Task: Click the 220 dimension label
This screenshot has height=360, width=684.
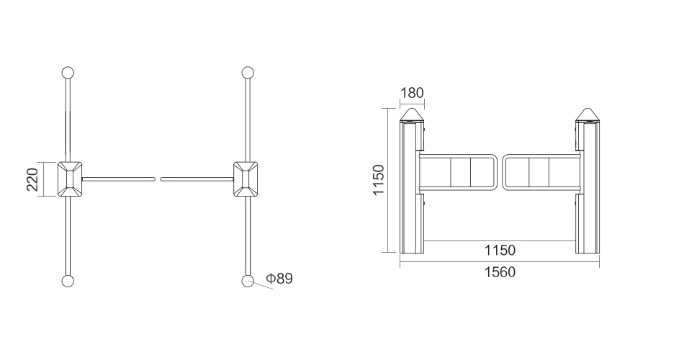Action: (x=32, y=179)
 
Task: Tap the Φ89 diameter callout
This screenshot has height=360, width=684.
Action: (x=279, y=278)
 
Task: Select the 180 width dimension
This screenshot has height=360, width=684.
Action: (x=412, y=92)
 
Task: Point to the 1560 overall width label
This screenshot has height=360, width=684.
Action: (x=500, y=272)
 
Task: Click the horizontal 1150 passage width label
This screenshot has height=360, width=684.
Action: (x=500, y=250)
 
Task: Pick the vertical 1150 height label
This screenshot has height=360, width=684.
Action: (x=378, y=180)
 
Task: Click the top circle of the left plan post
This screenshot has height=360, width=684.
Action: (x=68, y=73)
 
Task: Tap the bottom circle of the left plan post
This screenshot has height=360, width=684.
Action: (x=68, y=281)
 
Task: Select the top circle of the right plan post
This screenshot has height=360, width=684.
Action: (x=248, y=73)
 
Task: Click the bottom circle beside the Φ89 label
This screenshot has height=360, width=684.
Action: (x=248, y=281)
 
